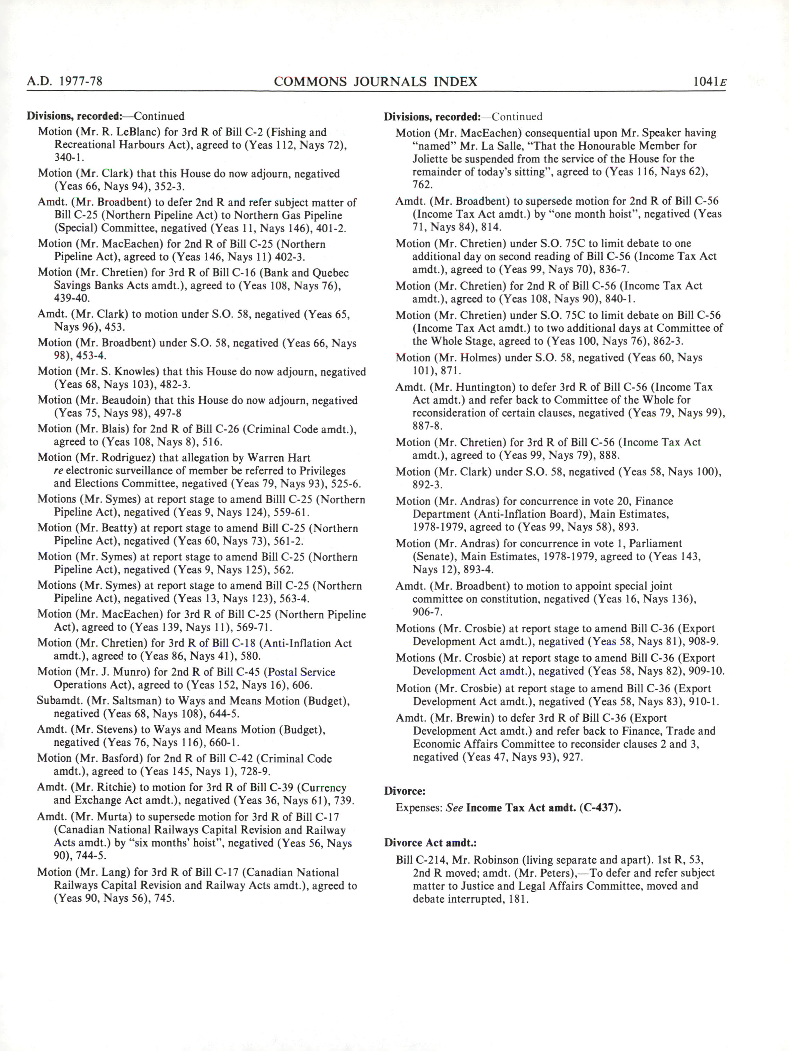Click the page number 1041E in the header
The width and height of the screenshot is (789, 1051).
(710, 82)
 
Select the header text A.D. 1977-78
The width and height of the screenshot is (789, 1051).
(65, 81)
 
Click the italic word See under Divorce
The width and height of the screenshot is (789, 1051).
(454, 808)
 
